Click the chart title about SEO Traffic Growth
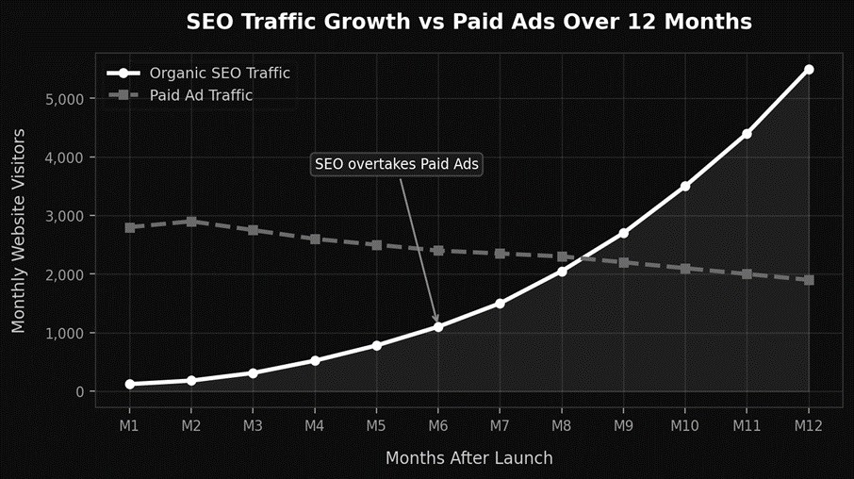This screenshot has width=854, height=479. tap(468, 23)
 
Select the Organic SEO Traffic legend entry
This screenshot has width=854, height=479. tap(220, 73)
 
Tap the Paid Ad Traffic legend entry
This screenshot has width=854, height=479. tap(201, 95)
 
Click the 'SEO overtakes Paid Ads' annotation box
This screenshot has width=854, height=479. tap(397, 164)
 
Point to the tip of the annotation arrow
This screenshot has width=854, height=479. tap(437, 323)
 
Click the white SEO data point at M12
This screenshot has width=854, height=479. tap(809, 70)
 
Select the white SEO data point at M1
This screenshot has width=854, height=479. tap(129, 385)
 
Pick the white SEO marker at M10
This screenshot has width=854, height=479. tap(685, 187)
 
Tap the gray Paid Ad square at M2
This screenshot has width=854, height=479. tap(191, 222)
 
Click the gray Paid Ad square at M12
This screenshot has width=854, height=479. tap(809, 280)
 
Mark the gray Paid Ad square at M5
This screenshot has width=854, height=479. tap(376, 245)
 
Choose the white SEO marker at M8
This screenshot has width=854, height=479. tap(562, 272)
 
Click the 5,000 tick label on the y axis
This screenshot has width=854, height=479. tap(64, 99)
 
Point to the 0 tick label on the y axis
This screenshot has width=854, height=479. tap(79, 392)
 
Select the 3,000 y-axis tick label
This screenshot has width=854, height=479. tap(64, 216)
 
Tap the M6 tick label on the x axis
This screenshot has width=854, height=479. tap(438, 426)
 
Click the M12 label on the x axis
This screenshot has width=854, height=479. tap(809, 426)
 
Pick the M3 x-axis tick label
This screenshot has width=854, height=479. tap(253, 426)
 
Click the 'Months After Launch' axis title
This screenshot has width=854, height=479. tap(468, 458)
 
